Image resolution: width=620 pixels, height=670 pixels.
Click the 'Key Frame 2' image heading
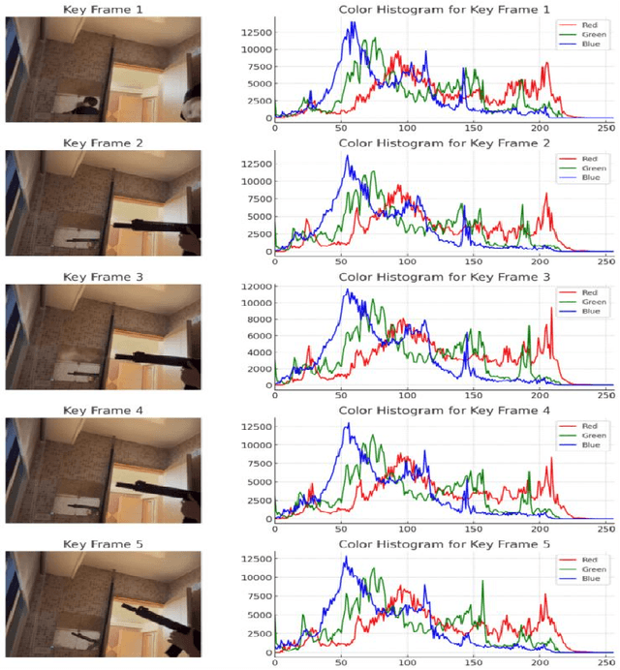point(103,142)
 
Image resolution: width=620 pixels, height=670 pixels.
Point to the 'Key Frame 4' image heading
point(103,411)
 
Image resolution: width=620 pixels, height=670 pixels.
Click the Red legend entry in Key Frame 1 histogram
point(579,23)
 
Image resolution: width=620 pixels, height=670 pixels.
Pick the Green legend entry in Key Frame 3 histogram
point(579,302)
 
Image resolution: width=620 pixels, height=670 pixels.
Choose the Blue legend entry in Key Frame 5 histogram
point(579,580)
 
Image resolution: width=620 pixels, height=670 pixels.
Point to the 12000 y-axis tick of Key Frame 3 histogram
point(254,288)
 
